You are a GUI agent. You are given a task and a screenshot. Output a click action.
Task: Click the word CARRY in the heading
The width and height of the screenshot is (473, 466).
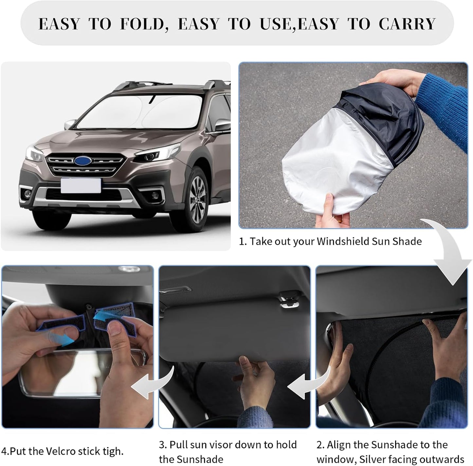click(407, 24)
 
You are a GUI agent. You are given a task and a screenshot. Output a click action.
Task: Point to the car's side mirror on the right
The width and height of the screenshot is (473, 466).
click(222, 124)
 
